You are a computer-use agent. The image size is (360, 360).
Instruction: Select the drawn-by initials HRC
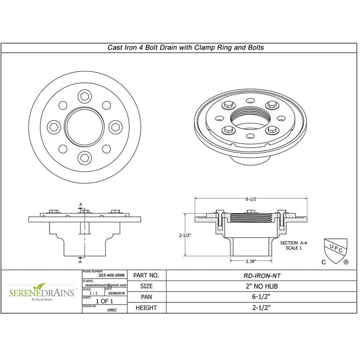(x=112, y=310)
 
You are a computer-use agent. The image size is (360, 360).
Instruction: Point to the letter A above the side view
(x=80, y=204)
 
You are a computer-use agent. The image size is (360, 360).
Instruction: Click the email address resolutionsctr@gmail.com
(x=105, y=285)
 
